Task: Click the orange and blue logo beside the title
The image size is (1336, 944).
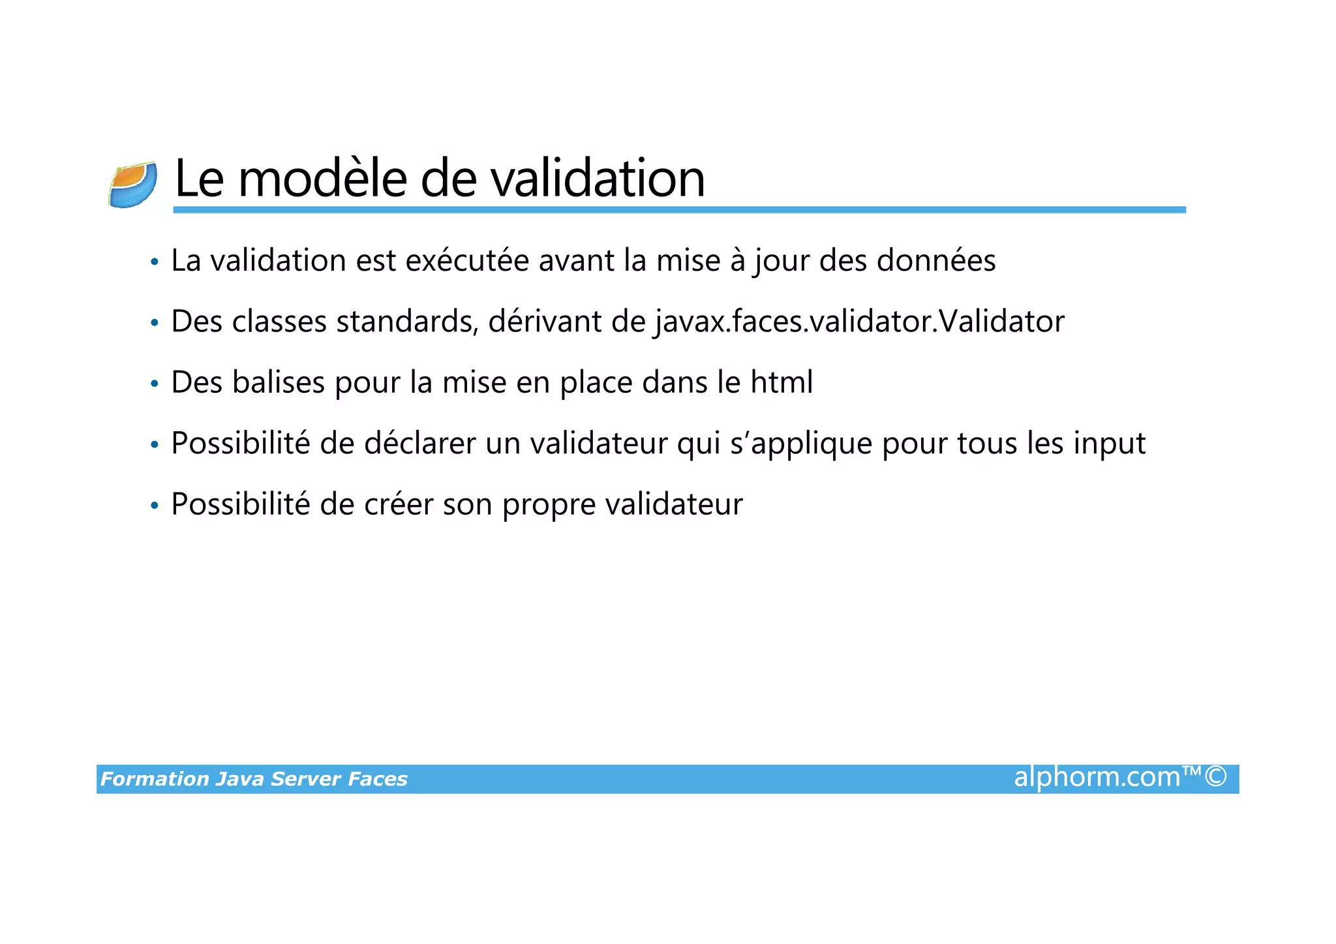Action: coord(133,185)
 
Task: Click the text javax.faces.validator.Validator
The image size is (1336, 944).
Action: coord(859,322)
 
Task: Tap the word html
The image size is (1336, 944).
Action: coord(782,383)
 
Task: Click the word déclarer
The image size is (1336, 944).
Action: coord(419,444)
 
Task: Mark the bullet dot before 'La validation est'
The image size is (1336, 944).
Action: coord(155,262)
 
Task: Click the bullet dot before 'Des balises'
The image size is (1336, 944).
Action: coord(155,384)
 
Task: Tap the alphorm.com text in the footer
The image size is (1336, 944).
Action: coord(1097,778)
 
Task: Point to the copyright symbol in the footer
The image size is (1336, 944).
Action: coord(1215,777)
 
